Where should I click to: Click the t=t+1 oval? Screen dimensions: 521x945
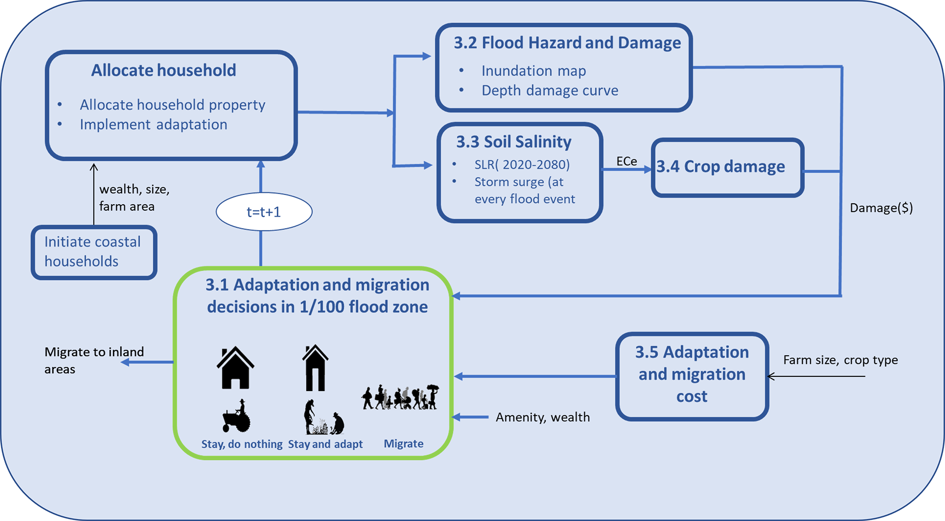264,212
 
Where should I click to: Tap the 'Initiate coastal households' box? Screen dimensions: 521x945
94,252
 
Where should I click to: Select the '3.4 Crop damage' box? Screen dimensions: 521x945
727,167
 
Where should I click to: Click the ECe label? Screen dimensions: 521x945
626,161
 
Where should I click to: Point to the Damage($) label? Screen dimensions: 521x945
881,208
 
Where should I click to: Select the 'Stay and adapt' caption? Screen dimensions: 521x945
325,444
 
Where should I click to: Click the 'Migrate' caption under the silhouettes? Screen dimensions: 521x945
403,444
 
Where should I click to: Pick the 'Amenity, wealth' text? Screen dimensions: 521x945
543,417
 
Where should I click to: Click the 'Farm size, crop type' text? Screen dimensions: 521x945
840,360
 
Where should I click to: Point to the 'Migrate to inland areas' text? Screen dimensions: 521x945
94,360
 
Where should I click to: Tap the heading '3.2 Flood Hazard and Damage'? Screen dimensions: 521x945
567,43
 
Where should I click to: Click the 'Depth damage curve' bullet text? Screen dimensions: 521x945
550,90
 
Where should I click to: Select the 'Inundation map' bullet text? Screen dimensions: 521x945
534,71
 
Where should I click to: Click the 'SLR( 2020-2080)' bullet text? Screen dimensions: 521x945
522,164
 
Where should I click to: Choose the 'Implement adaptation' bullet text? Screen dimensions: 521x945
153,125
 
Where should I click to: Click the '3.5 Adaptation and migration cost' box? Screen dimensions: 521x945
692,375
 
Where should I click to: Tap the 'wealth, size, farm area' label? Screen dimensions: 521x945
134,198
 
